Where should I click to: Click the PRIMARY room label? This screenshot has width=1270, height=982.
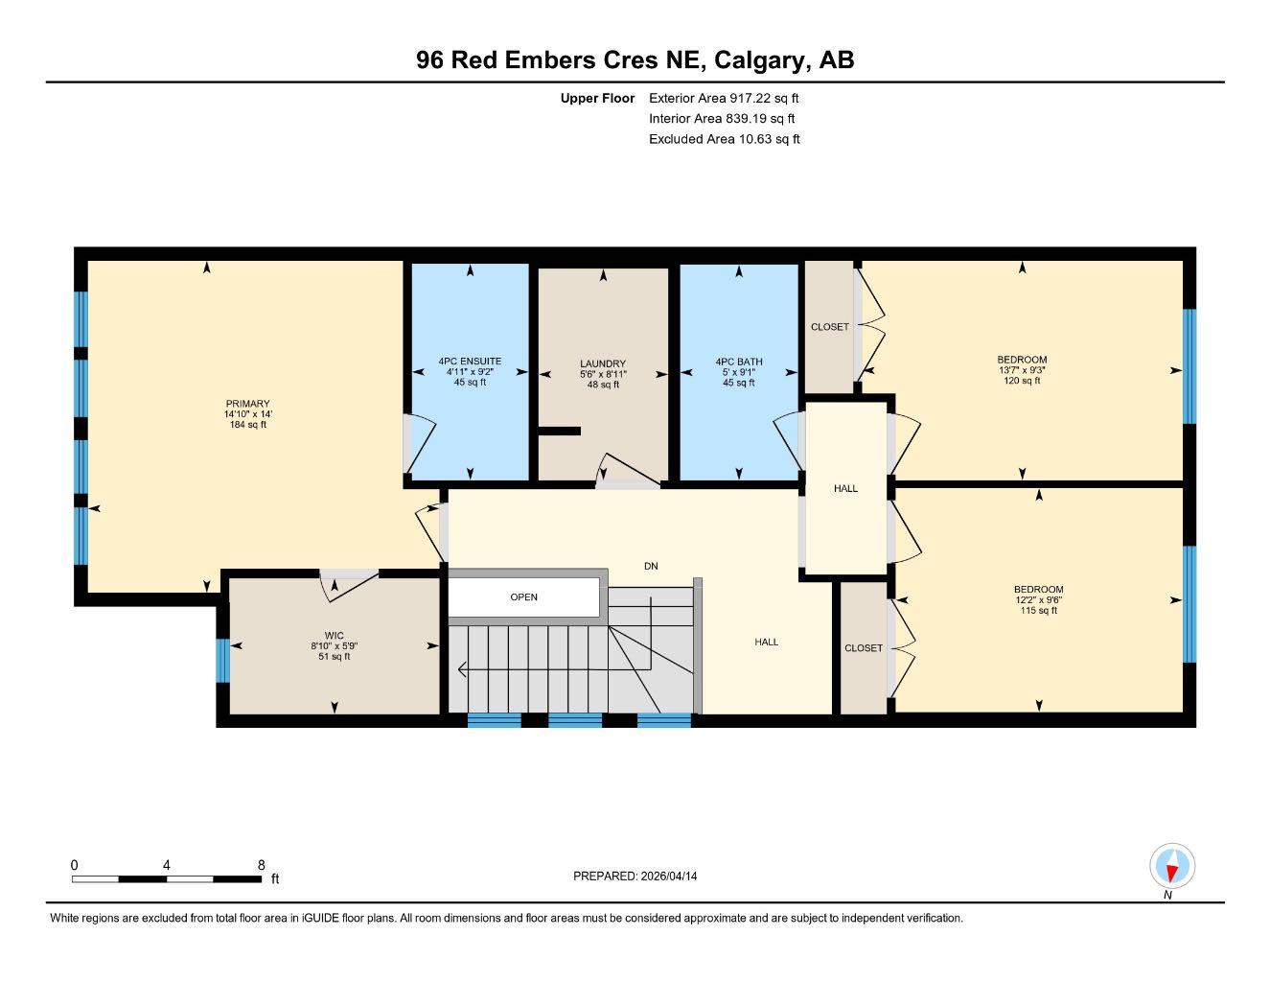pyautogui.click(x=247, y=404)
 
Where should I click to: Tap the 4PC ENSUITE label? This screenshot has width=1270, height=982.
pyautogui.click(x=470, y=362)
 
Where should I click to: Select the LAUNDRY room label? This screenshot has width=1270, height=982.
pyautogui.click(x=603, y=363)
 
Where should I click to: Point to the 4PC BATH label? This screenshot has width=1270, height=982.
pyautogui.click(x=738, y=362)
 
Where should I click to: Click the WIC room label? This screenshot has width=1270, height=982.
pyautogui.click(x=334, y=636)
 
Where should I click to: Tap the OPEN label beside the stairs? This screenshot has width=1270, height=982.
pyautogui.click(x=523, y=597)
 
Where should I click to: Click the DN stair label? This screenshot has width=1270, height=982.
pyautogui.click(x=651, y=566)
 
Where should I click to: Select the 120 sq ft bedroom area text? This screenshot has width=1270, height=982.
pyautogui.click(x=1022, y=381)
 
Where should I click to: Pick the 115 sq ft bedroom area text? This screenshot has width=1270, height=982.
pyautogui.click(x=1039, y=610)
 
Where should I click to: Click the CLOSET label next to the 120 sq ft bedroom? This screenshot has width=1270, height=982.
pyautogui.click(x=829, y=327)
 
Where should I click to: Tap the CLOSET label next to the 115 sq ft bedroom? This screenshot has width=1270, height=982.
pyautogui.click(x=863, y=648)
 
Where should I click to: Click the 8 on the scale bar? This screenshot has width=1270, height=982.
pyautogui.click(x=261, y=865)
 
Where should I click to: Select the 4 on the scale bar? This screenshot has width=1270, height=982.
pyautogui.click(x=167, y=865)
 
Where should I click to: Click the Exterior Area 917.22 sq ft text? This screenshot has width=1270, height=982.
pyautogui.click(x=724, y=98)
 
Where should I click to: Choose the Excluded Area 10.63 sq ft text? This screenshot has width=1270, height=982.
pyautogui.click(x=724, y=139)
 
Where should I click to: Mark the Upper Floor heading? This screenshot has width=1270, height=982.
pyautogui.click(x=597, y=98)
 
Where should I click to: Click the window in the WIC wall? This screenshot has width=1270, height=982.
pyautogui.click(x=222, y=661)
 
